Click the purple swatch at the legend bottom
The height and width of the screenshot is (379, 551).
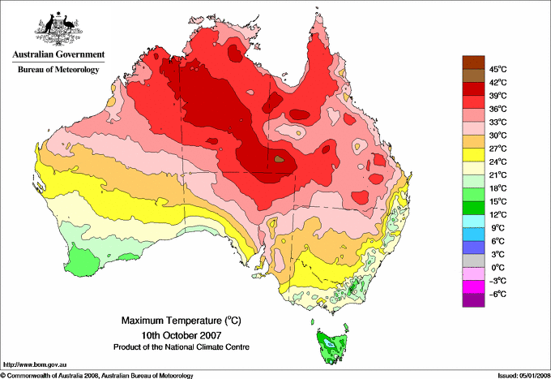click(x=472, y=300)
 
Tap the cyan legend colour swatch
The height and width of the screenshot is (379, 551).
click(x=472, y=221)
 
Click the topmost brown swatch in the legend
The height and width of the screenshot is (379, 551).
click(x=472, y=62)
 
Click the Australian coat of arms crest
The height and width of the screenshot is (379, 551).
click(x=58, y=26)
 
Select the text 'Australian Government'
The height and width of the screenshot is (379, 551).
click(x=58, y=55)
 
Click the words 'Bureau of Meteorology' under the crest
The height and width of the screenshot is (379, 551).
click(x=58, y=70)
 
